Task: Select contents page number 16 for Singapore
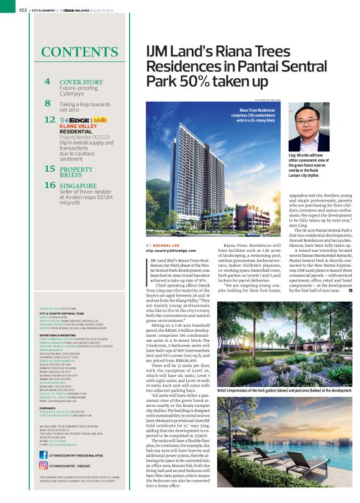[x=50, y=185]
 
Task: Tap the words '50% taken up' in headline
[x=207, y=81]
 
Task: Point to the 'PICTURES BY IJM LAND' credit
[x=268, y=100]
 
